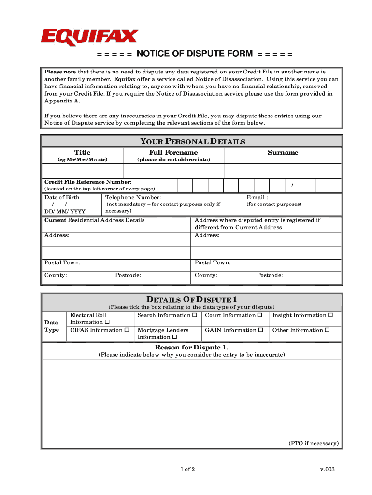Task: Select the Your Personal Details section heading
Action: click(192, 142)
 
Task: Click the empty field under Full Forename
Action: click(173, 171)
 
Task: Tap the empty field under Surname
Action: click(283, 171)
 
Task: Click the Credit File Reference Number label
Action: click(88, 182)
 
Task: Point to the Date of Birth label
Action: click(62, 197)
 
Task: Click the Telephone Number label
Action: click(133, 197)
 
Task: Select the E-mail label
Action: click(257, 197)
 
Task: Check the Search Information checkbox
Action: click(194, 315)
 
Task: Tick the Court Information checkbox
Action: click(259, 315)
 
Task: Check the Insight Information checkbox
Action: click(330, 315)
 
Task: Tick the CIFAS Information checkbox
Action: click(127, 330)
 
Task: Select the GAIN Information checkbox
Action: click(260, 330)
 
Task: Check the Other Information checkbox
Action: click(327, 330)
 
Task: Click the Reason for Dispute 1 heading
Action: click(191, 348)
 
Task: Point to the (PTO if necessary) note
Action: click(314, 443)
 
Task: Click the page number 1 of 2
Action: click(187, 469)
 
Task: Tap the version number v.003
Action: click(327, 469)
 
